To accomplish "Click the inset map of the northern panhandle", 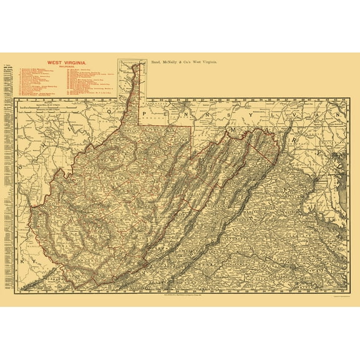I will pyautogui.click(x=130, y=78).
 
